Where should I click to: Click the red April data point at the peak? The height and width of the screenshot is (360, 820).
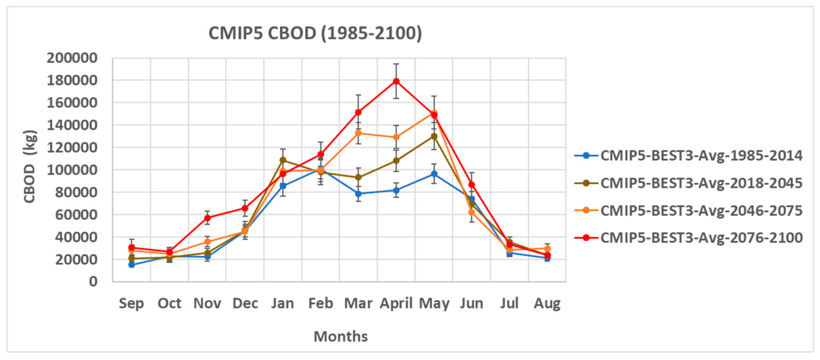pyautogui.click(x=396, y=82)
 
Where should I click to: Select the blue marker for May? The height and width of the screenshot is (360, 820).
pyautogui.click(x=434, y=174)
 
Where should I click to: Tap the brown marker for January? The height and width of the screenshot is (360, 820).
pyautogui.click(x=283, y=160)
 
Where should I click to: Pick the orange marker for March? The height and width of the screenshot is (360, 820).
pyautogui.click(x=358, y=133)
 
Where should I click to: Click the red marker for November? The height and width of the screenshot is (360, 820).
pyautogui.click(x=208, y=218)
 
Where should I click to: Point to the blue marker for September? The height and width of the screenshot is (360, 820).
pyautogui.click(x=131, y=264)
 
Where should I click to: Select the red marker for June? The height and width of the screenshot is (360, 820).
pyautogui.click(x=471, y=185)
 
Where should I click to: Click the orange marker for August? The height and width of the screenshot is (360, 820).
pyautogui.click(x=547, y=248)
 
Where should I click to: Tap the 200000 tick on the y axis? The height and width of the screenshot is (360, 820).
pyautogui.click(x=72, y=58)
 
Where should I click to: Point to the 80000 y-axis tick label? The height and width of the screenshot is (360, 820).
pyautogui.click(x=76, y=192)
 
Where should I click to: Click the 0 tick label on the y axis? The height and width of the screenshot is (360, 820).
pyautogui.click(x=93, y=281)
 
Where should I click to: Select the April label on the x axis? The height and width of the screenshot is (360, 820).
pyautogui.click(x=396, y=303)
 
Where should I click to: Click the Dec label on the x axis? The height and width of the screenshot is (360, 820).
pyautogui.click(x=245, y=303)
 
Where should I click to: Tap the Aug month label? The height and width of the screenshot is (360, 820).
pyautogui.click(x=547, y=303)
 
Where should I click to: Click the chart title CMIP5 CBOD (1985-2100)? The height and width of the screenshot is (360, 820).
pyautogui.click(x=315, y=33)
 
